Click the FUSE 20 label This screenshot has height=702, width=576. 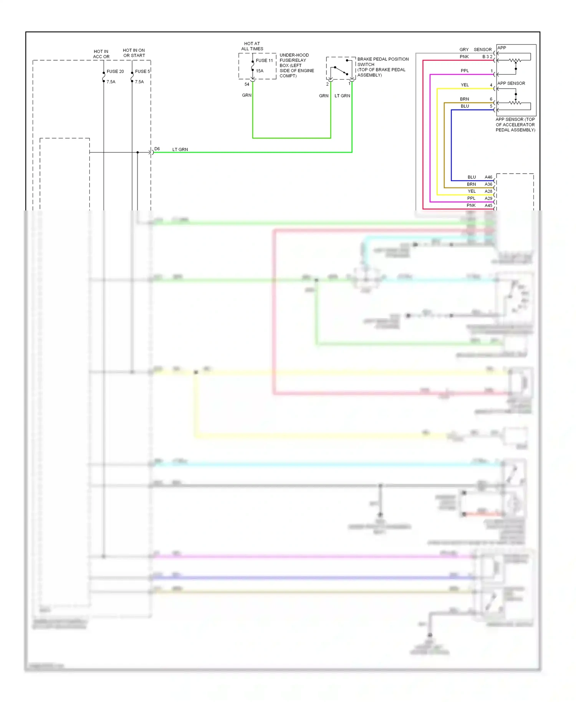pos(115,71)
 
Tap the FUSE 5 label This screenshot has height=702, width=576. pos(142,71)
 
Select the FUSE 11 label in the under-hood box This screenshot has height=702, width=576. pos(264,61)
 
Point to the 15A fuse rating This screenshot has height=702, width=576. pos(260,71)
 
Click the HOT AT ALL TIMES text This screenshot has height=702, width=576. pos(252,46)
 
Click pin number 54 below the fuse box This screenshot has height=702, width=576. pos(247,84)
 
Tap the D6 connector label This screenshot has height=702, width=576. pos(157,149)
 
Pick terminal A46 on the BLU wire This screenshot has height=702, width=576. pos(488,177)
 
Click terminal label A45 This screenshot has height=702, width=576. pos(488,205)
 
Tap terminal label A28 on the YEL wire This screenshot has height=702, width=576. pos(488,191)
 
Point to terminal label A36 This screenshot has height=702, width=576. pos(488,184)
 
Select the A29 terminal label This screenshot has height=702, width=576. pos(488,199)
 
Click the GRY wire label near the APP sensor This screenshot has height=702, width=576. pos(464,50)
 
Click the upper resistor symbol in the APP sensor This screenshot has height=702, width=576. pos(515,60)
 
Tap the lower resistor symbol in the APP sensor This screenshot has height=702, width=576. pos(515,103)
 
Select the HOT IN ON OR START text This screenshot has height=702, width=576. pos(134,53)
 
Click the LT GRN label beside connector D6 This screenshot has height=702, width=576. pos(180,149)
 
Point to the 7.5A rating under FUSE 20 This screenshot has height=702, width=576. pos(111,82)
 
